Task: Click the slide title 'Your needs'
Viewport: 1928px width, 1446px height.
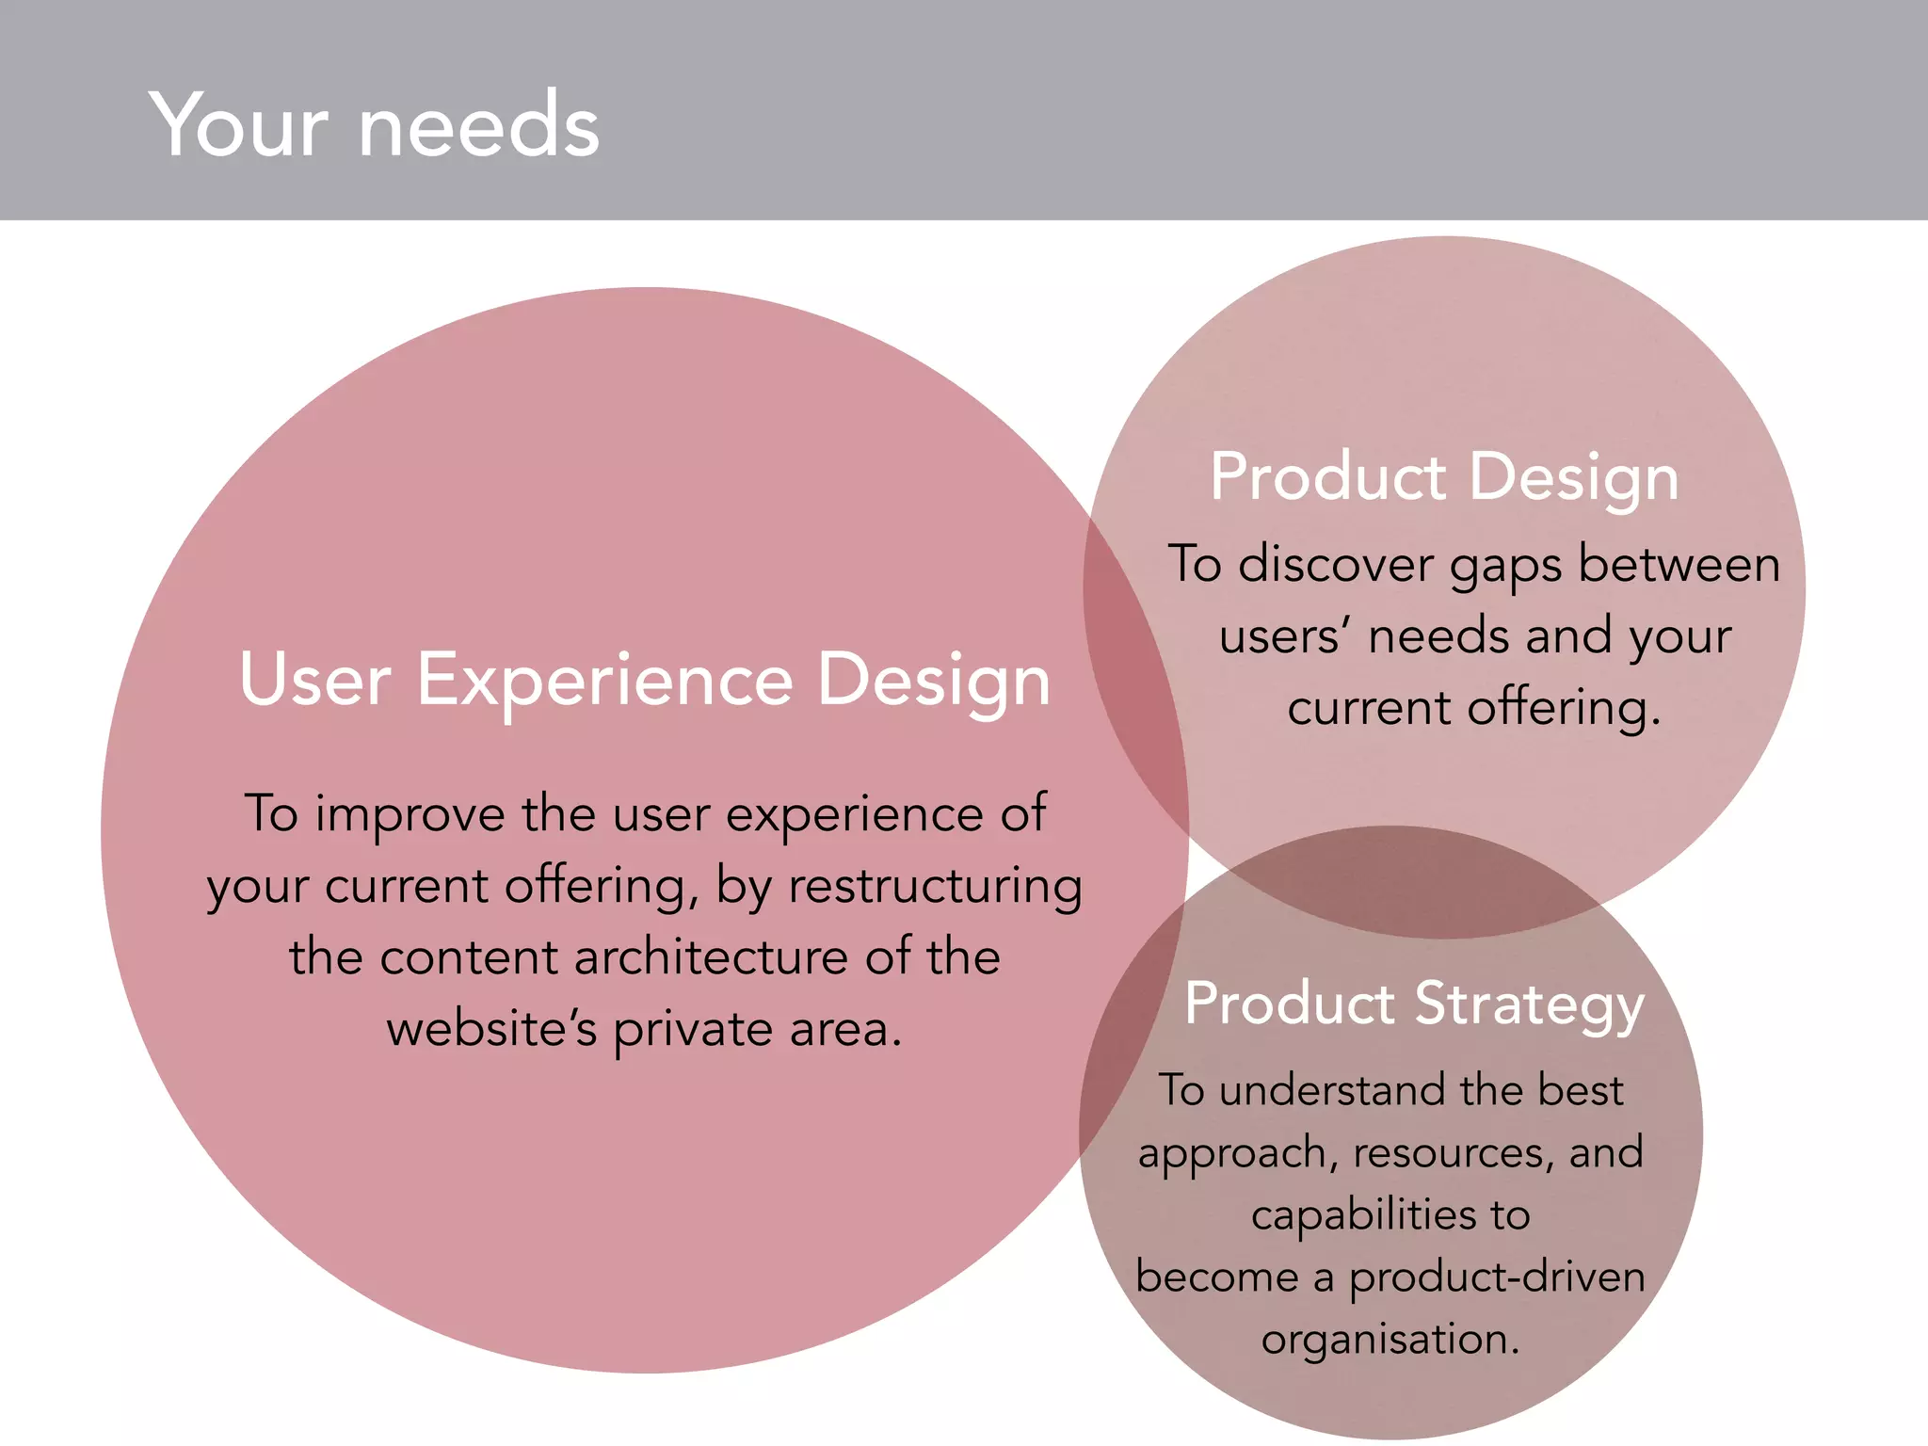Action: point(374,125)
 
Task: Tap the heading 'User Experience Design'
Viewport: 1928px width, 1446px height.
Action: point(645,680)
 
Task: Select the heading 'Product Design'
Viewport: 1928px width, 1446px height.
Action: point(1444,477)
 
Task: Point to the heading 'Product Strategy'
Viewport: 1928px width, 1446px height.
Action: point(1414,1004)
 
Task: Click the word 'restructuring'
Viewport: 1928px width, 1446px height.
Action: point(935,887)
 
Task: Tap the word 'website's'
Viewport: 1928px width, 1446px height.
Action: point(491,1029)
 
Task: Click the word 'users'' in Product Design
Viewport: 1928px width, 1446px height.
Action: point(1284,637)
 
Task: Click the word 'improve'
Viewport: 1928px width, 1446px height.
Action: point(410,815)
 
